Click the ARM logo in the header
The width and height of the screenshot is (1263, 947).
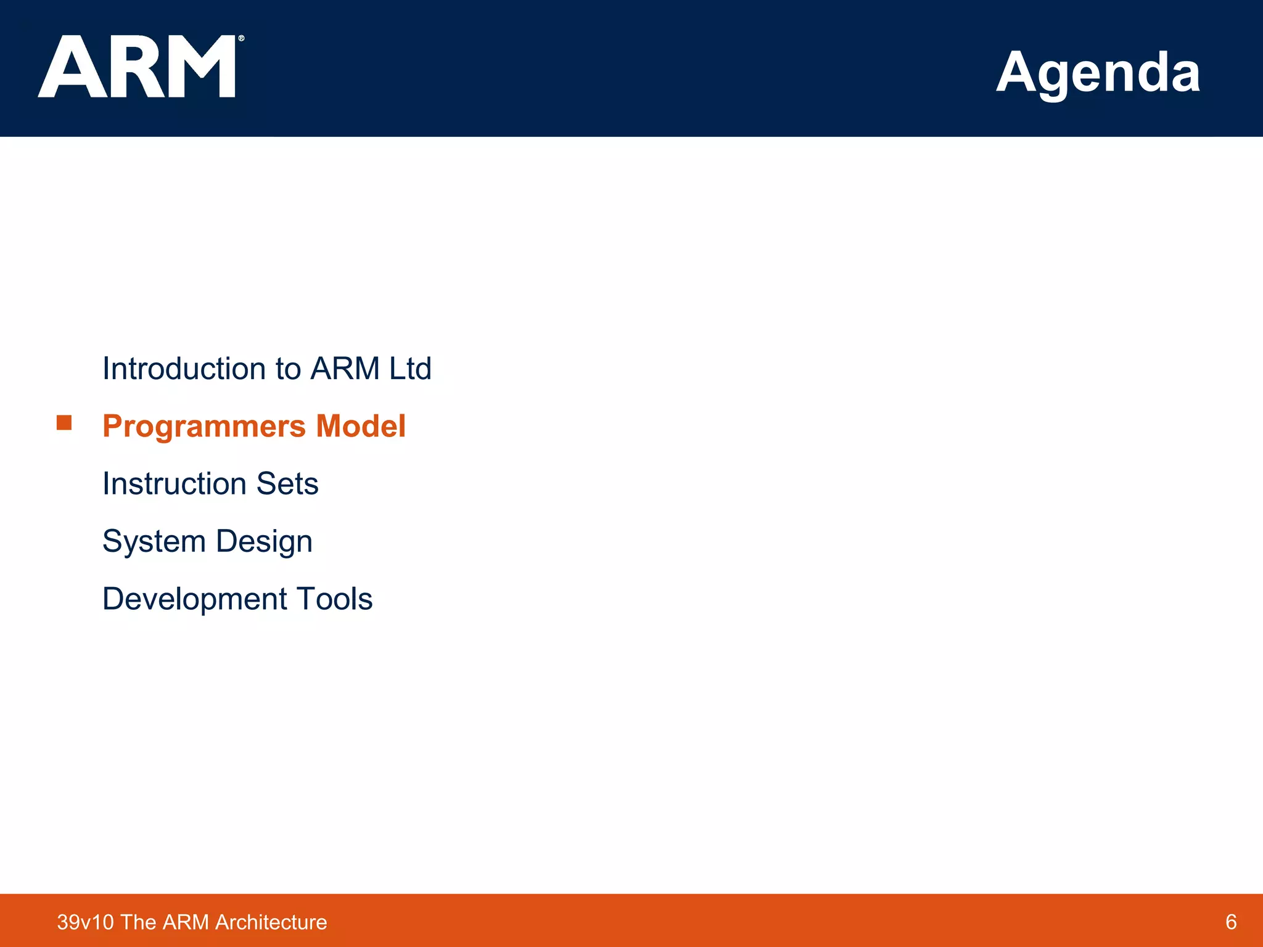coord(137,67)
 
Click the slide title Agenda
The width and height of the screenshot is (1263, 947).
coord(1098,73)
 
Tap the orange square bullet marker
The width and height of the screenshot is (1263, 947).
coord(64,422)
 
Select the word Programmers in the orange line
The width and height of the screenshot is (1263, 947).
coord(204,426)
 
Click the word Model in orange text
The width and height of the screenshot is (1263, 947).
coord(361,426)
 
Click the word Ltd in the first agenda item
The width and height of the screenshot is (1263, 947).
coord(410,369)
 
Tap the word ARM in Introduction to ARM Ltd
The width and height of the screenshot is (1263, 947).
coord(345,369)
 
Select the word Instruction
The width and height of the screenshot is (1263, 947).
coord(175,483)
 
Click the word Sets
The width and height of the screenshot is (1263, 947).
coord(287,483)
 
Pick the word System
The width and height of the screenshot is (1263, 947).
coord(154,541)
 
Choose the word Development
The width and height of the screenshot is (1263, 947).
coord(194,599)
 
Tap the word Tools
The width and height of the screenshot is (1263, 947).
coord(334,599)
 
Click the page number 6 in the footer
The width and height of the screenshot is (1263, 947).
coord(1231,922)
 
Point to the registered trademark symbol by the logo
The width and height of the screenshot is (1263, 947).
coord(241,38)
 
